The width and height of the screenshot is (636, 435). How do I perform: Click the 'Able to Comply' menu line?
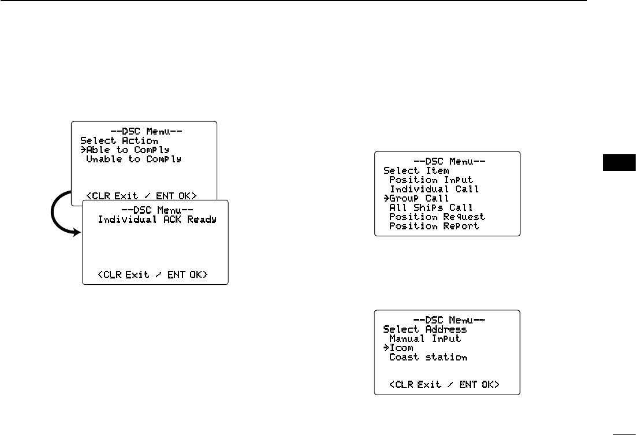click(x=127, y=150)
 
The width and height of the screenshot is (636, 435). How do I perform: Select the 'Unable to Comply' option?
click(x=133, y=159)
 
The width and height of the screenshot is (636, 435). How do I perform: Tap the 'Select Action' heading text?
click(x=119, y=140)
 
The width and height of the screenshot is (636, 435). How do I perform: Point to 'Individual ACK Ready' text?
click(x=157, y=220)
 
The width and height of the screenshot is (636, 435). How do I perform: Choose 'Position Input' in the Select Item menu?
click(x=431, y=180)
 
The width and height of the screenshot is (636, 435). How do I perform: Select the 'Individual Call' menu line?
click(x=434, y=189)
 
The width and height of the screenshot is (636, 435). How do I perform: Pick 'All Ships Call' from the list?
click(x=431, y=207)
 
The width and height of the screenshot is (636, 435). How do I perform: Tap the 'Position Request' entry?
click(x=437, y=217)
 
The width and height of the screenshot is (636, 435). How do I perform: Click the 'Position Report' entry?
click(x=434, y=226)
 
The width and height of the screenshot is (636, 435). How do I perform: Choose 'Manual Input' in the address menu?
click(x=425, y=339)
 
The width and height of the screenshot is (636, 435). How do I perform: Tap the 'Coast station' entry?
click(x=428, y=357)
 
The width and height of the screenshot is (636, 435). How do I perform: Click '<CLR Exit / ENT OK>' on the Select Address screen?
click(x=445, y=384)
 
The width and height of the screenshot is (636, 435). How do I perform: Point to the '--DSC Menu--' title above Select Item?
click(x=448, y=161)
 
